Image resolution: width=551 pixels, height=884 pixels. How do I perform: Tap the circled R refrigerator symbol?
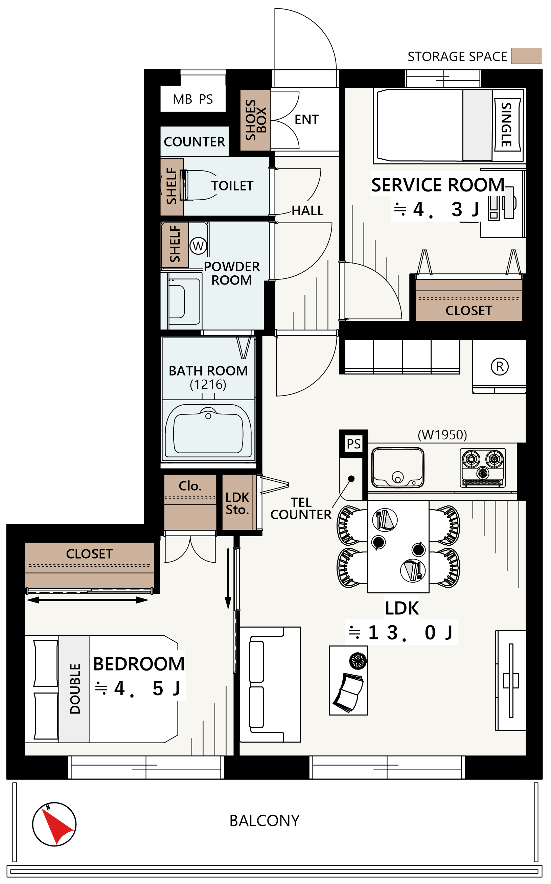tap(500, 367)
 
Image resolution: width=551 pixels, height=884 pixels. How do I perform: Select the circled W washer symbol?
tap(198, 246)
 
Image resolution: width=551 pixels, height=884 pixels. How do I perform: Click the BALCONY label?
tap(265, 821)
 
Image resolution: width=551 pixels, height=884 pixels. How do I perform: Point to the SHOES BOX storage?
tap(255, 120)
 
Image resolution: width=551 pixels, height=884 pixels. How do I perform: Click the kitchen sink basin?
tap(397, 468)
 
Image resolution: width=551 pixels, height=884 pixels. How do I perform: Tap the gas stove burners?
tap(483, 468)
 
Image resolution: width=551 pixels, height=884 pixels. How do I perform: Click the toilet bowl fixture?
tap(200, 185)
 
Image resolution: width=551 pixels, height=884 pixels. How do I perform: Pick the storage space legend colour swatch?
tap(526, 56)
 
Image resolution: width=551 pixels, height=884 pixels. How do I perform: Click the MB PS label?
tap(193, 99)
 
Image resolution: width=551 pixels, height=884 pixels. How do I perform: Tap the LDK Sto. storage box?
tap(237, 502)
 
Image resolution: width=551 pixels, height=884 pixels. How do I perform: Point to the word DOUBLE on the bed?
tap(75, 689)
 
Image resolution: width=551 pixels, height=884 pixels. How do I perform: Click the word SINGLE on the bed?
tap(507, 124)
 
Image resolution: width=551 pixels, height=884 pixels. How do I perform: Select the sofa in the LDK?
tap(270, 684)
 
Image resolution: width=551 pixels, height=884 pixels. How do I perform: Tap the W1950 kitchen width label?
tap(442, 435)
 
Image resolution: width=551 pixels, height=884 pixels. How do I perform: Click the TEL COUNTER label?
tap(301, 508)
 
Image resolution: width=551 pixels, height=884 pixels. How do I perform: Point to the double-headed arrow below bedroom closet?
tap(88, 600)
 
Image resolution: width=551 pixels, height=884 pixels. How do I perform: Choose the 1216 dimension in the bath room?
tap(208, 384)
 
